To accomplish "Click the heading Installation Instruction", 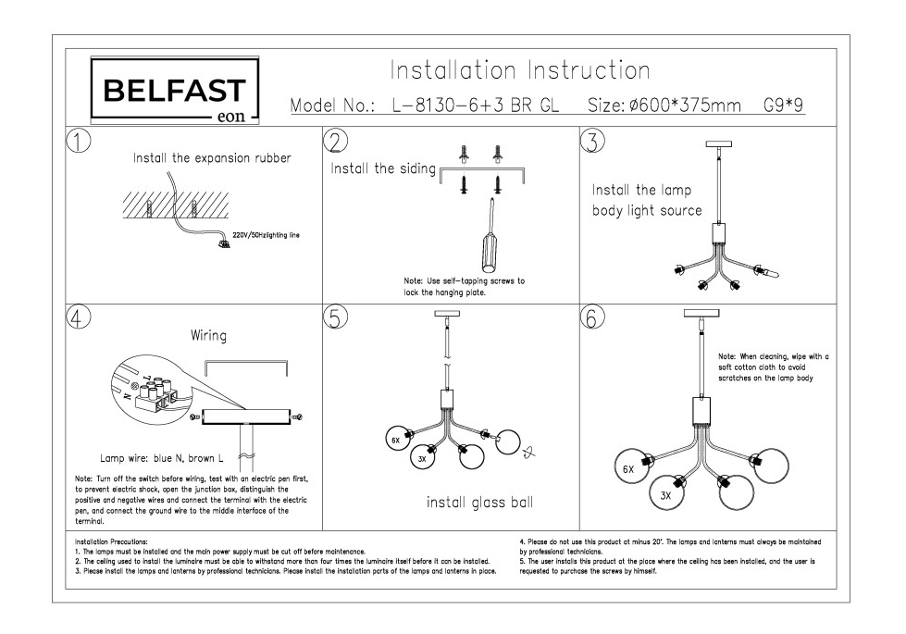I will tap(519, 70).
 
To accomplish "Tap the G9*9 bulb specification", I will tap(784, 106).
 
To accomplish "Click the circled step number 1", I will tap(80, 141).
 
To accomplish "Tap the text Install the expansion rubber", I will tap(212, 158).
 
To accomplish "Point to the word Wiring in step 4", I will tap(208, 335).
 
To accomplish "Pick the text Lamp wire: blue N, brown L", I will tap(162, 458).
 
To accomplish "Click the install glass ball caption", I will tap(479, 503).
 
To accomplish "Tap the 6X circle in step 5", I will tap(395, 440).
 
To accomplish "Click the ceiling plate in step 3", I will tap(717, 144).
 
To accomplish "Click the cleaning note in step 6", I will tap(773, 367).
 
